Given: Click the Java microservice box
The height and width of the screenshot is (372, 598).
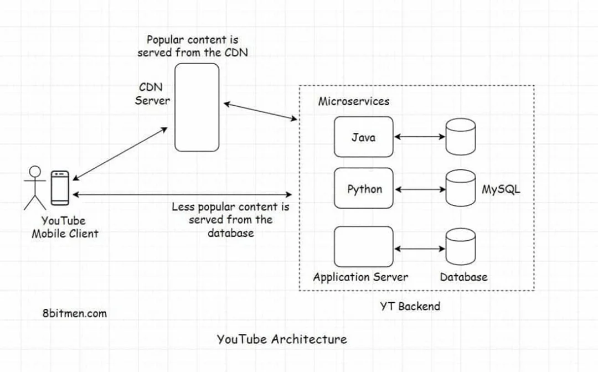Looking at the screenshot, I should pos(363,137).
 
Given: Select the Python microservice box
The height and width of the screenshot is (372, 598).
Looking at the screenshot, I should pos(363,189).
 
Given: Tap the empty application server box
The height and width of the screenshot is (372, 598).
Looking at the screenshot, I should pos(363,246).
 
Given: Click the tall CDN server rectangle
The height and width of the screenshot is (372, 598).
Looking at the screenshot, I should pos(197,107).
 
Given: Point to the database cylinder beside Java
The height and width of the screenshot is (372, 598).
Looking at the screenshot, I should pos(461,137).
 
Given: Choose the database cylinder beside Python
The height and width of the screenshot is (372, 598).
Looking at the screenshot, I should pos(461,189).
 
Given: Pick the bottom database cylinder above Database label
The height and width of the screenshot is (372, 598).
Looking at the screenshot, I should pos(461,246).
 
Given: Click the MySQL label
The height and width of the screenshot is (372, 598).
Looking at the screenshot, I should pos(501,189).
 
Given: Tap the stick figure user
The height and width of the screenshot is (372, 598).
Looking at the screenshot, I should pos(35,188).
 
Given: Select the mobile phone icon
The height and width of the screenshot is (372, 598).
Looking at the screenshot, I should pos(60,187).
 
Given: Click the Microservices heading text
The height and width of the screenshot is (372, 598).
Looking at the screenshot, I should pos(353,102).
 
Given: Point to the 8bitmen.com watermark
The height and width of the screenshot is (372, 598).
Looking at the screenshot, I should pos(74,313).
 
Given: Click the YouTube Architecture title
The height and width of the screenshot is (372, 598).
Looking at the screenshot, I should pos(282,339).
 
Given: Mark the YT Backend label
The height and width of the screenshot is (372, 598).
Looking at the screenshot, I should pos(410,306).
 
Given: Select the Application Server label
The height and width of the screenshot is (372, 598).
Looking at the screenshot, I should pos(360,277).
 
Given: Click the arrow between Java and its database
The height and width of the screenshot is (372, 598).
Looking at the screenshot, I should pos(420,137).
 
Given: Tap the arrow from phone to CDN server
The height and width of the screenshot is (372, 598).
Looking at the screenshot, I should pos(120,153).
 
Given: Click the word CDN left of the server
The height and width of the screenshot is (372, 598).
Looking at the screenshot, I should pos(150,88).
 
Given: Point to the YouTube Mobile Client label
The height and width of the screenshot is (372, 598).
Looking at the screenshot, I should pos(65,227).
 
